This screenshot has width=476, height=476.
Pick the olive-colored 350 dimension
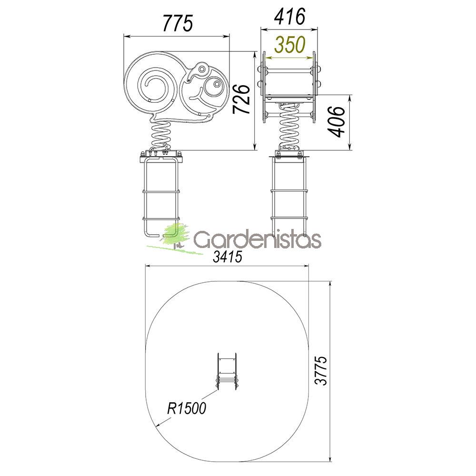click(289, 45)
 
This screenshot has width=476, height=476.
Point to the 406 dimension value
click(337, 122)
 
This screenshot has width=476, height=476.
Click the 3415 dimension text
click(228, 257)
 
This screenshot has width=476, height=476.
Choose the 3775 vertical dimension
click(321, 371)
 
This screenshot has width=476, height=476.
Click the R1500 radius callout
click(187, 408)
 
